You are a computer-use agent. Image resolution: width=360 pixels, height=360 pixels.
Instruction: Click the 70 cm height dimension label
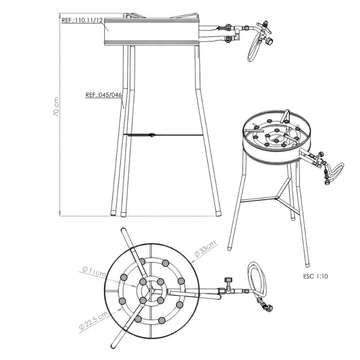click(56, 107)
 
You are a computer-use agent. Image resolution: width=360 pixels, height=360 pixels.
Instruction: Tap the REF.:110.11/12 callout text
click(82, 20)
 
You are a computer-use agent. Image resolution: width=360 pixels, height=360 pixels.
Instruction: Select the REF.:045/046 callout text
click(103, 95)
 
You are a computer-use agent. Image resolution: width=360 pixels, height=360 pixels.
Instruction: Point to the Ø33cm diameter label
click(205, 249)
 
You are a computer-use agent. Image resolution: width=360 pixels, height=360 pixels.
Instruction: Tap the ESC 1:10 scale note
click(315, 276)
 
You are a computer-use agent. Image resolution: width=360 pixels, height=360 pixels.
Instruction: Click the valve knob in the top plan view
click(228, 280)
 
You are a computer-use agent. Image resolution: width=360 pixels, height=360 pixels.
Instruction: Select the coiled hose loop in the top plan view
click(257, 279)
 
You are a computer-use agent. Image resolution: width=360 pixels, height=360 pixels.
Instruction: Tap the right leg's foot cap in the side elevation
click(218, 214)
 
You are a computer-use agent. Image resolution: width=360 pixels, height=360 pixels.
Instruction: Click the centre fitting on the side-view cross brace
click(152, 135)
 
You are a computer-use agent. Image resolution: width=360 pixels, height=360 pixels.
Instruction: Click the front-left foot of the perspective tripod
click(230, 248)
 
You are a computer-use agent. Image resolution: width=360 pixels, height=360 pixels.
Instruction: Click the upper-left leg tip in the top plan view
click(123, 230)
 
